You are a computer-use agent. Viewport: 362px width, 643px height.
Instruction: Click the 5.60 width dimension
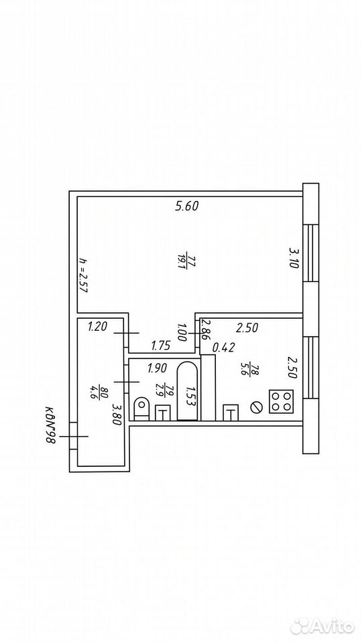click(x=187, y=206)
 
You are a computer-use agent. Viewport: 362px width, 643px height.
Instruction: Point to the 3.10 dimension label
click(x=294, y=257)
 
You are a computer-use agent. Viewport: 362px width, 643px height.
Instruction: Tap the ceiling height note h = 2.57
click(x=84, y=275)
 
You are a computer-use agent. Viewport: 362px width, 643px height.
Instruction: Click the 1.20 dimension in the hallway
click(x=98, y=327)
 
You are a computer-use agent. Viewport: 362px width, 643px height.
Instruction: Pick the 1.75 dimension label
click(x=160, y=346)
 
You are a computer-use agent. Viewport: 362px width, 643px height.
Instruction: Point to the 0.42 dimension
click(x=223, y=348)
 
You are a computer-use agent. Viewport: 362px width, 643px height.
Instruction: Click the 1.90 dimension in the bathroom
click(x=157, y=368)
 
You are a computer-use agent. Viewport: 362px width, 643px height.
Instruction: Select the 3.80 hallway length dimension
click(x=117, y=414)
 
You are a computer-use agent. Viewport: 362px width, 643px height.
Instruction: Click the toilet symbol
click(x=141, y=409)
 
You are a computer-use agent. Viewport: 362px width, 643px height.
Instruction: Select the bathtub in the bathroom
click(x=188, y=390)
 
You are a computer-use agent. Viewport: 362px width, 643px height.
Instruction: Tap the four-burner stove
click(x=281, y=401)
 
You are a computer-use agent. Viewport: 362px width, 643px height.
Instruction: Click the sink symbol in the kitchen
click(x=230, y=413)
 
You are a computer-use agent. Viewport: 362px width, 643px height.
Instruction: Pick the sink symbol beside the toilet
click(x=163, y=413)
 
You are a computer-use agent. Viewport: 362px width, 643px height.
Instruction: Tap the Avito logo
click(x=322, y=626)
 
